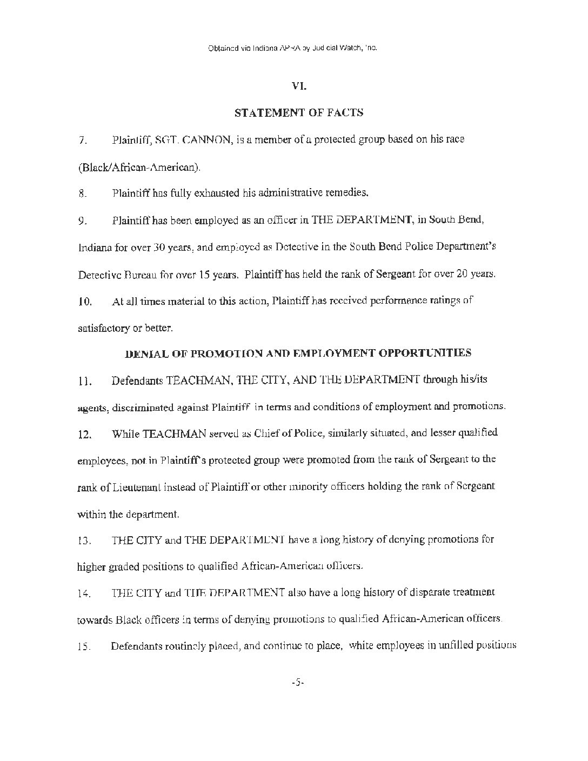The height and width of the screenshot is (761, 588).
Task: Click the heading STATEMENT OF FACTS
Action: (298, 112)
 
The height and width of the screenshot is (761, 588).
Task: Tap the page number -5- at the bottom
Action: (298, 683)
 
